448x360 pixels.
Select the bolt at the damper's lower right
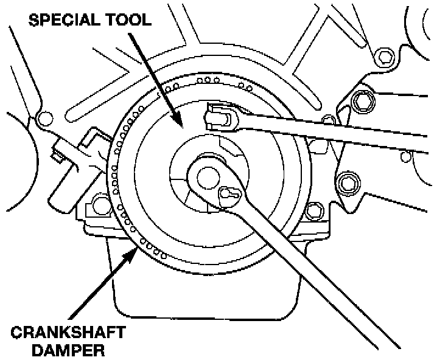pyautogui.click(x=313, y=211)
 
